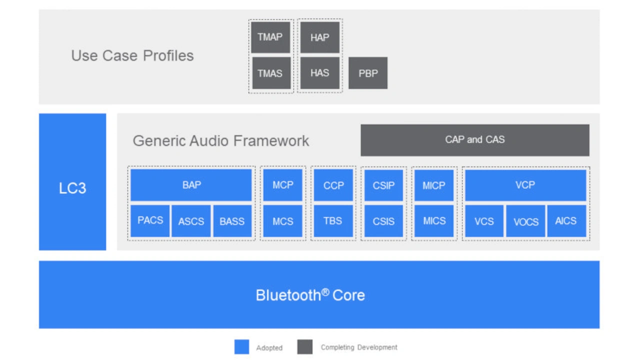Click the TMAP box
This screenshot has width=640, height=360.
[270, 37]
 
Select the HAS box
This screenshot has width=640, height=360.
[319, 73]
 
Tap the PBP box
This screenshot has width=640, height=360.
[368, 73]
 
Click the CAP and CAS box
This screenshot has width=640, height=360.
[475, 140]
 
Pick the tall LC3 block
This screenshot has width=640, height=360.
[72, 182]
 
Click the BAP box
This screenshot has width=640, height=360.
[191, 185]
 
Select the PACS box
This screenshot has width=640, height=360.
[150, 221]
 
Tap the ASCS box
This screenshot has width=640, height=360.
[191, 221]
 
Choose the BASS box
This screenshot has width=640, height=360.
[232, 221]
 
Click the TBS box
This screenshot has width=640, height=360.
[333, 221]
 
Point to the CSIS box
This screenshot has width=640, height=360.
[383, 221]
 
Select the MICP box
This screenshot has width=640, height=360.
[434, 185]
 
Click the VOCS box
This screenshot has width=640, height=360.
[525, 221]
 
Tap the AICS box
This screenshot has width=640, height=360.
[566, 221]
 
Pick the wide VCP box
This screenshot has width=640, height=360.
[525, 185]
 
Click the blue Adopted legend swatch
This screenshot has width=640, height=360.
[241, 347]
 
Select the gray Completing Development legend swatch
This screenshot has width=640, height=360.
[305, 347]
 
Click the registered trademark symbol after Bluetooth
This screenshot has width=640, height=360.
[325, 292]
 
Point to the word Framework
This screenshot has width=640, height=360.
[271, 140]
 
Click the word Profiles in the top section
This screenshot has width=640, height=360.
[168, 55]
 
